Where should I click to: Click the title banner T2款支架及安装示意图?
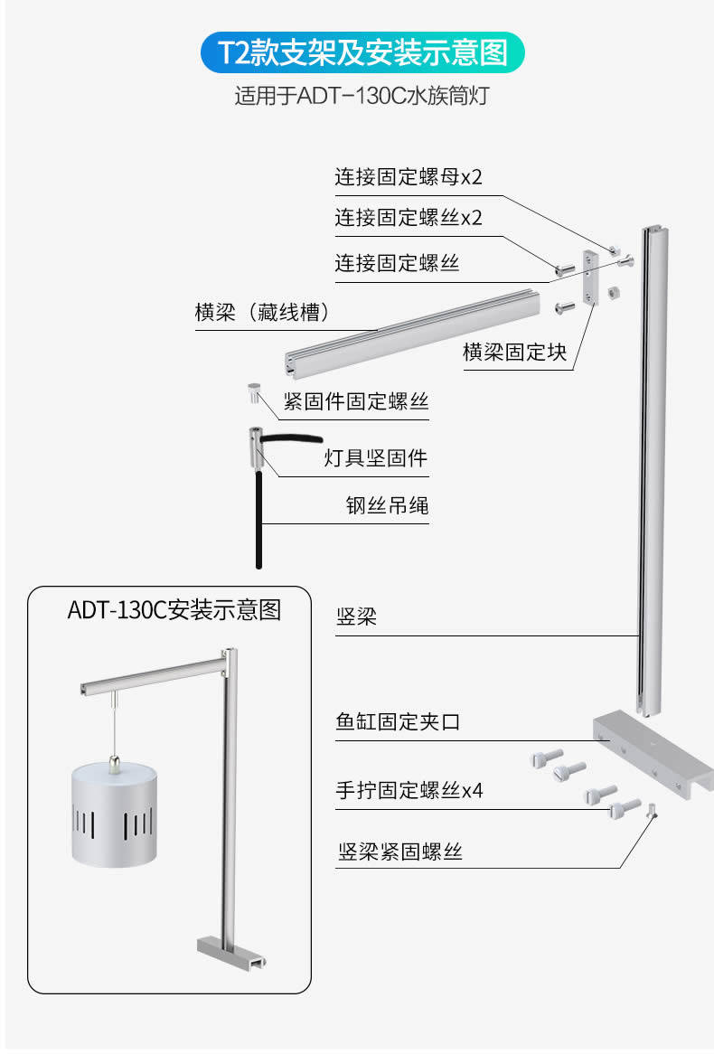tap(362, 53)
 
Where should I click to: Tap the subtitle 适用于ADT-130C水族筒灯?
tap(362, 95)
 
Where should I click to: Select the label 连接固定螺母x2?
tap(409, 176)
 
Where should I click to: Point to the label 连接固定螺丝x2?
tap(409, 218)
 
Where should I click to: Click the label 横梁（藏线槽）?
tap(262, 313)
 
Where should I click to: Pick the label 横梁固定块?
tap(515, 352)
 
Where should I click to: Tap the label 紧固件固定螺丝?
tap(356, 400)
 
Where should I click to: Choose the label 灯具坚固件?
tap(375, 457)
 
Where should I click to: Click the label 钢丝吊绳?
tap(387, 505)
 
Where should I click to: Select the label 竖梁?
tap(356, 617)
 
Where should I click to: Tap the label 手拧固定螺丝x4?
tap(409, 791)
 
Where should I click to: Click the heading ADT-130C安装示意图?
tap(174, 610)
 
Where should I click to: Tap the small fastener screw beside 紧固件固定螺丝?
tap(253, 394)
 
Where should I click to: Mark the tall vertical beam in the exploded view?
tap(655, 470)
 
